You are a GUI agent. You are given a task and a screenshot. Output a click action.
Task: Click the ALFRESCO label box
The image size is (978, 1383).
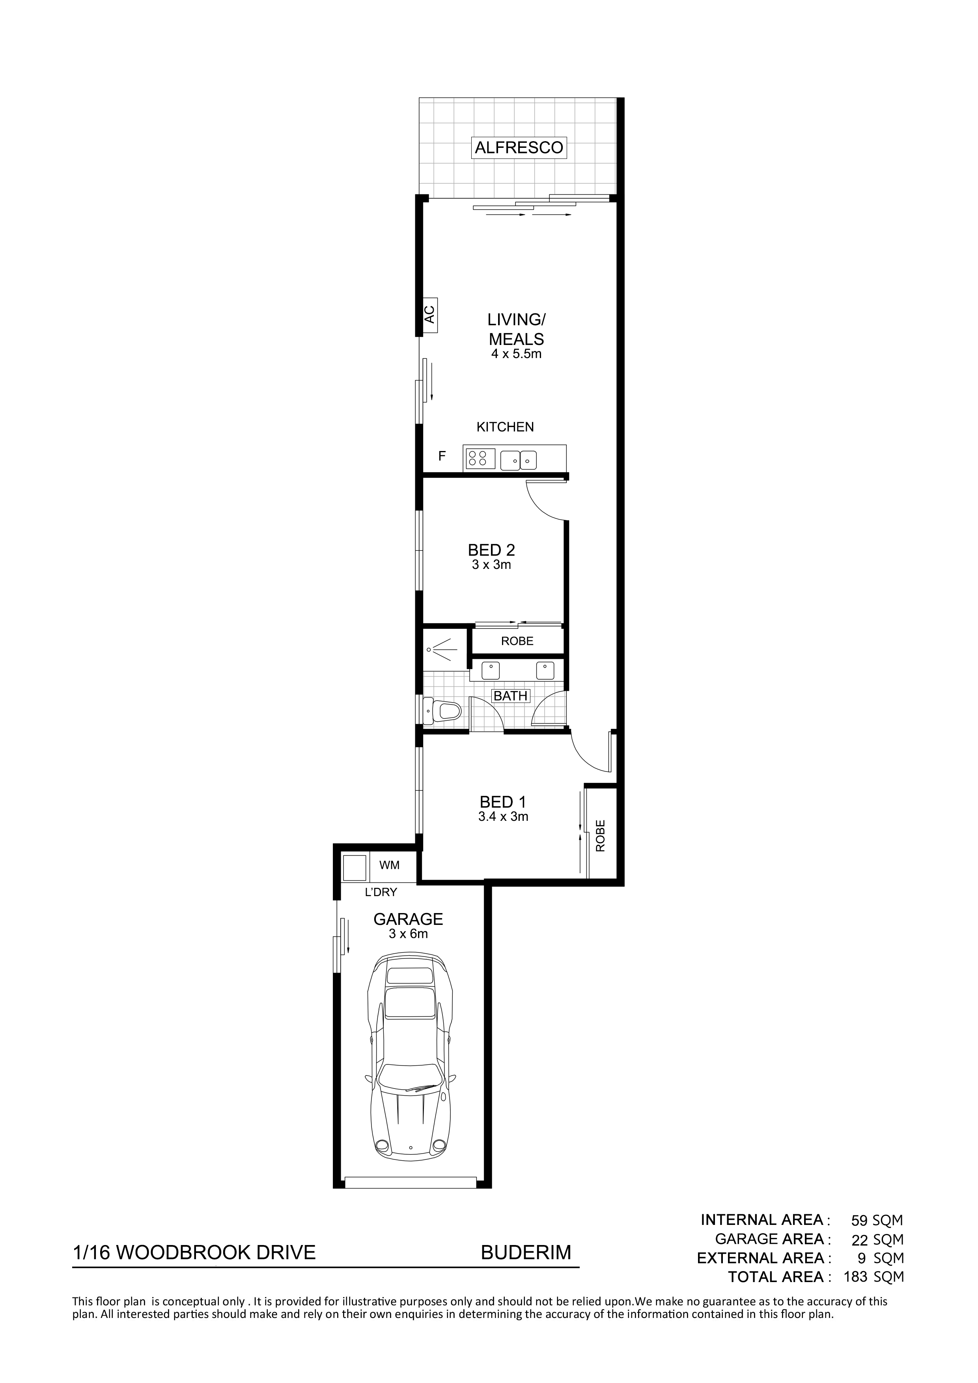tap(519, 147)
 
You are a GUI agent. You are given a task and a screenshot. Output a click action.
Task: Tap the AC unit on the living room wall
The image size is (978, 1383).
tap(429, 315)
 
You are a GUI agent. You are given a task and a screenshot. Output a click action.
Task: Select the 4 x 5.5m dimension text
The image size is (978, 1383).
tap(517, 354)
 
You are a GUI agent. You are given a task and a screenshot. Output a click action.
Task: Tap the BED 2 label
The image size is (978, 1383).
tap(492, 550)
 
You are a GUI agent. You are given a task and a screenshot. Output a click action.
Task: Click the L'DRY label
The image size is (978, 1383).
tap(381, 893)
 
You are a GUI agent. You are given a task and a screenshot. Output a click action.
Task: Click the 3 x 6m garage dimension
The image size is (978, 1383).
tap(409, 934)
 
